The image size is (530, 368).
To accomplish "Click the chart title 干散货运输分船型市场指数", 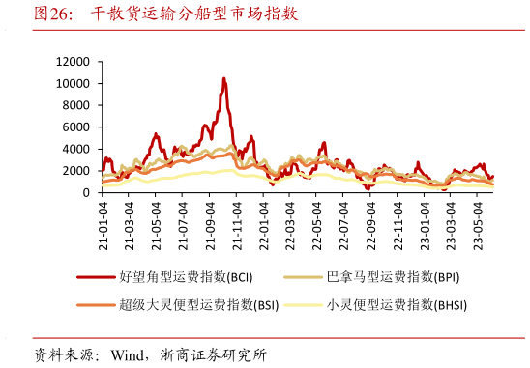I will (193, 14).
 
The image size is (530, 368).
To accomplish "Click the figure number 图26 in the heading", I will (53, 14).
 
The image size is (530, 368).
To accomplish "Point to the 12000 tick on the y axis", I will (74, 61).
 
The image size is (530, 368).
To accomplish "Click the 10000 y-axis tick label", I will (74, 83).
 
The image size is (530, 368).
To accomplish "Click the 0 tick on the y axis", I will (86, 192).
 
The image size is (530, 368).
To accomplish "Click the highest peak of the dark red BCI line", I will (224, 78).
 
